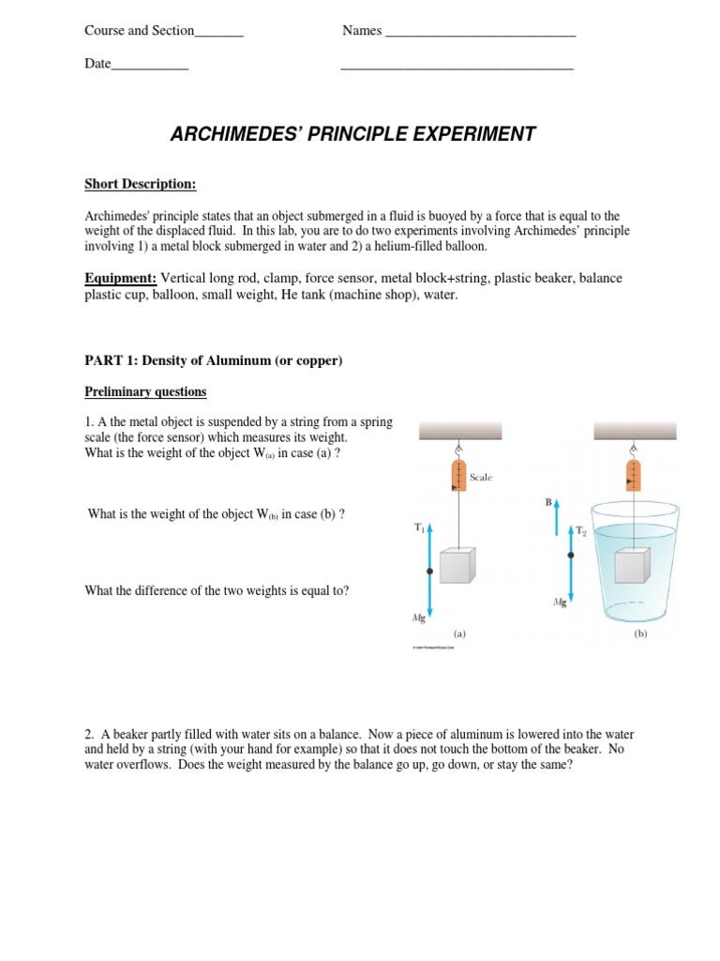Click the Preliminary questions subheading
[x=145, y=391]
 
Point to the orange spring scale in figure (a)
[x=458, y=476]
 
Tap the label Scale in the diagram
[x=481, y=478]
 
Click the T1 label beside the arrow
[x=419, y=528]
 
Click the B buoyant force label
[x=548, y=503]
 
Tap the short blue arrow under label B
[x=558, y=517]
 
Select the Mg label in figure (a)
[x=418, y=618]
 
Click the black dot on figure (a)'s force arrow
[x=429, y=571]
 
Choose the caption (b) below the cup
[x=640, y=633]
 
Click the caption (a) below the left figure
[x=458, y=633]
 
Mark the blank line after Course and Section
[x=218, y=32]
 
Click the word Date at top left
[x=97, y=64]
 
